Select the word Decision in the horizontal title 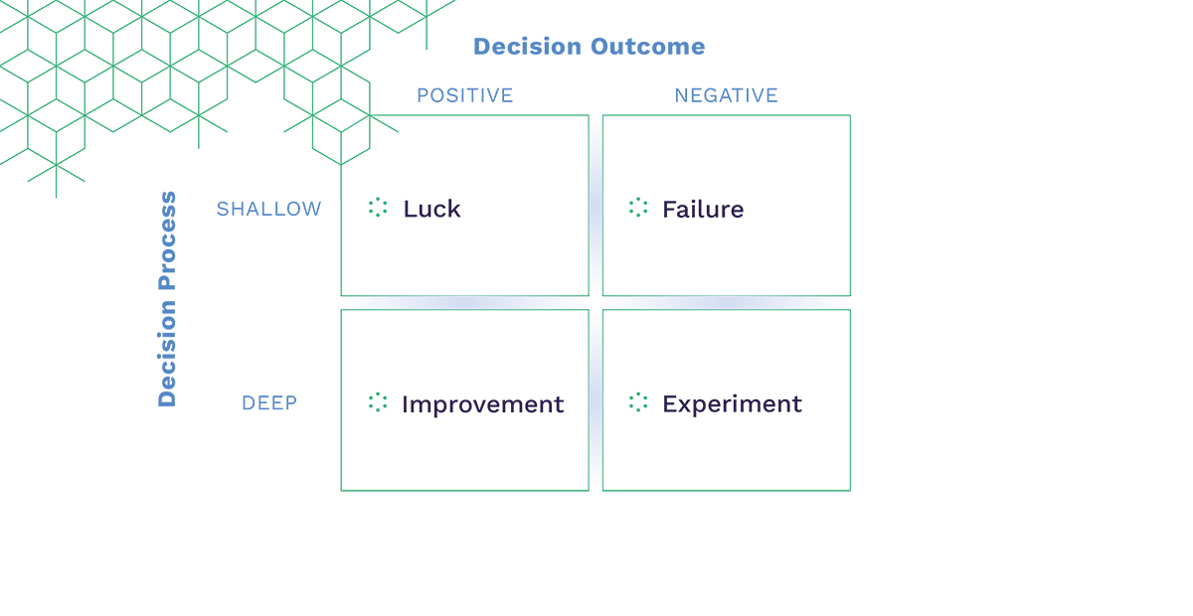pos(528,47)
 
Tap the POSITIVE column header pos(464,95)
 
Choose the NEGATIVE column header pos(726,95)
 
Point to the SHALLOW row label pos(268,209)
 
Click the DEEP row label pos(269,403)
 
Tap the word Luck pos(431,209)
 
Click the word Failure pos(703,209)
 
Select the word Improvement pos(482,404)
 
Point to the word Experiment pos(732,404)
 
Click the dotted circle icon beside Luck pos(378,208)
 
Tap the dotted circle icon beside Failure pos(638,208)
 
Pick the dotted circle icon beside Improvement pos(378,402)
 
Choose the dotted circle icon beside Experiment pos(638,402)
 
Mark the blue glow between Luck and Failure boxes pos(596,206)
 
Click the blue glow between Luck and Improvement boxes pos(464,302)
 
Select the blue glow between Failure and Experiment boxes pos(726,302)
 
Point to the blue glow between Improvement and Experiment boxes pos(596,400)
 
